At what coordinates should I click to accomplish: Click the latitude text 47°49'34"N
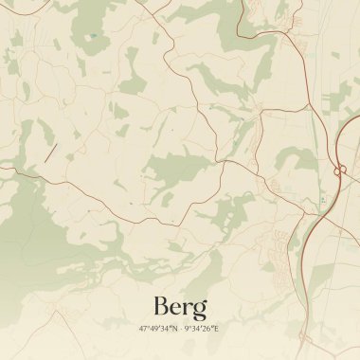[158, 328]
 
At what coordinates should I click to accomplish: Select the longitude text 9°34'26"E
[202, 328]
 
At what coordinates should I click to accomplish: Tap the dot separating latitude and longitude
[180, 328]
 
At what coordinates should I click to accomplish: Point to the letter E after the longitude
[217, 328]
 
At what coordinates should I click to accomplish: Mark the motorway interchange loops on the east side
[338, 171]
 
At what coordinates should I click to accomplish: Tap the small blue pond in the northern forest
[91, 37]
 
